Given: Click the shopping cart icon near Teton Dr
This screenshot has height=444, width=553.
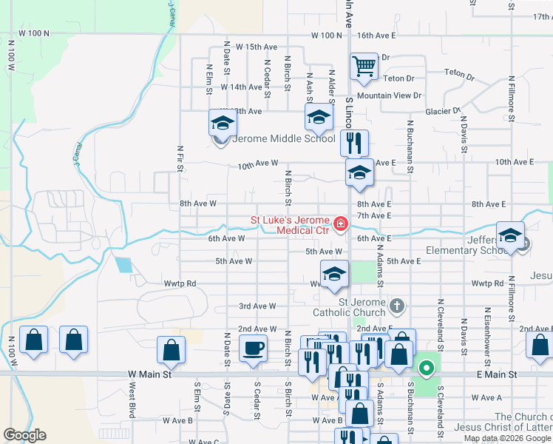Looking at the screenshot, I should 364,67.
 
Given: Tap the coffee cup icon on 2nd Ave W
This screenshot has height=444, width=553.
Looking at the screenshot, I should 253,349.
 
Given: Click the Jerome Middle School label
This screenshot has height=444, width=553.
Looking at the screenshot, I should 284,138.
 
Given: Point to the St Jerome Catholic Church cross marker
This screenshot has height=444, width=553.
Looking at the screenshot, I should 397,305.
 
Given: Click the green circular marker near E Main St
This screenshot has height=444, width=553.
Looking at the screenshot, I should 426,367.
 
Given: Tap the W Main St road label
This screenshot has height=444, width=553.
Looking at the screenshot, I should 149,375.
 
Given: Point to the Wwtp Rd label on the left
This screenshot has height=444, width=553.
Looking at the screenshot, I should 180,283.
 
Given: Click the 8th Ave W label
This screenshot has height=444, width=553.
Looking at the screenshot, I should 197,203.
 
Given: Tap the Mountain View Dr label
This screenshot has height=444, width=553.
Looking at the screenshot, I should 389,95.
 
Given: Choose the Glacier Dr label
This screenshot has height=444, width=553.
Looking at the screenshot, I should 443,111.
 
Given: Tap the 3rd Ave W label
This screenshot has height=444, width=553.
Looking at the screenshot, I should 257,306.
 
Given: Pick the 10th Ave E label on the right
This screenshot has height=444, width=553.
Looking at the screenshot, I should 514,161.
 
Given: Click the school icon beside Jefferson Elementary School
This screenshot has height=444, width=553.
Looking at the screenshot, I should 509,235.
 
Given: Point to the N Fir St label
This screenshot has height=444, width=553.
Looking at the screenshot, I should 180,158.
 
